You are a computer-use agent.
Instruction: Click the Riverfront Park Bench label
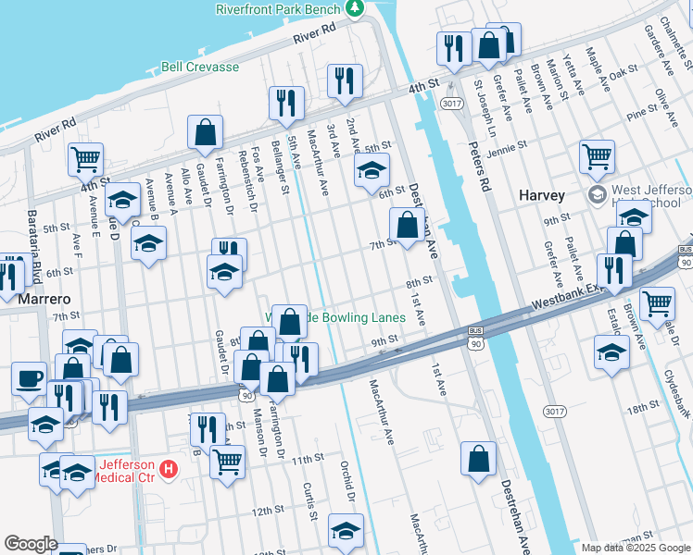[x=278, y=8]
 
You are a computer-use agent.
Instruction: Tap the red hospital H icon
[x=168, y=469]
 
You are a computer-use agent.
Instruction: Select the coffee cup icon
[x=29, y=377]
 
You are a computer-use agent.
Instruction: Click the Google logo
[x=30, y=544]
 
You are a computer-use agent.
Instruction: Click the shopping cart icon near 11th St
[x=227, y=459]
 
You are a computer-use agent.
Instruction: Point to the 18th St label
[x=641, y=408]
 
